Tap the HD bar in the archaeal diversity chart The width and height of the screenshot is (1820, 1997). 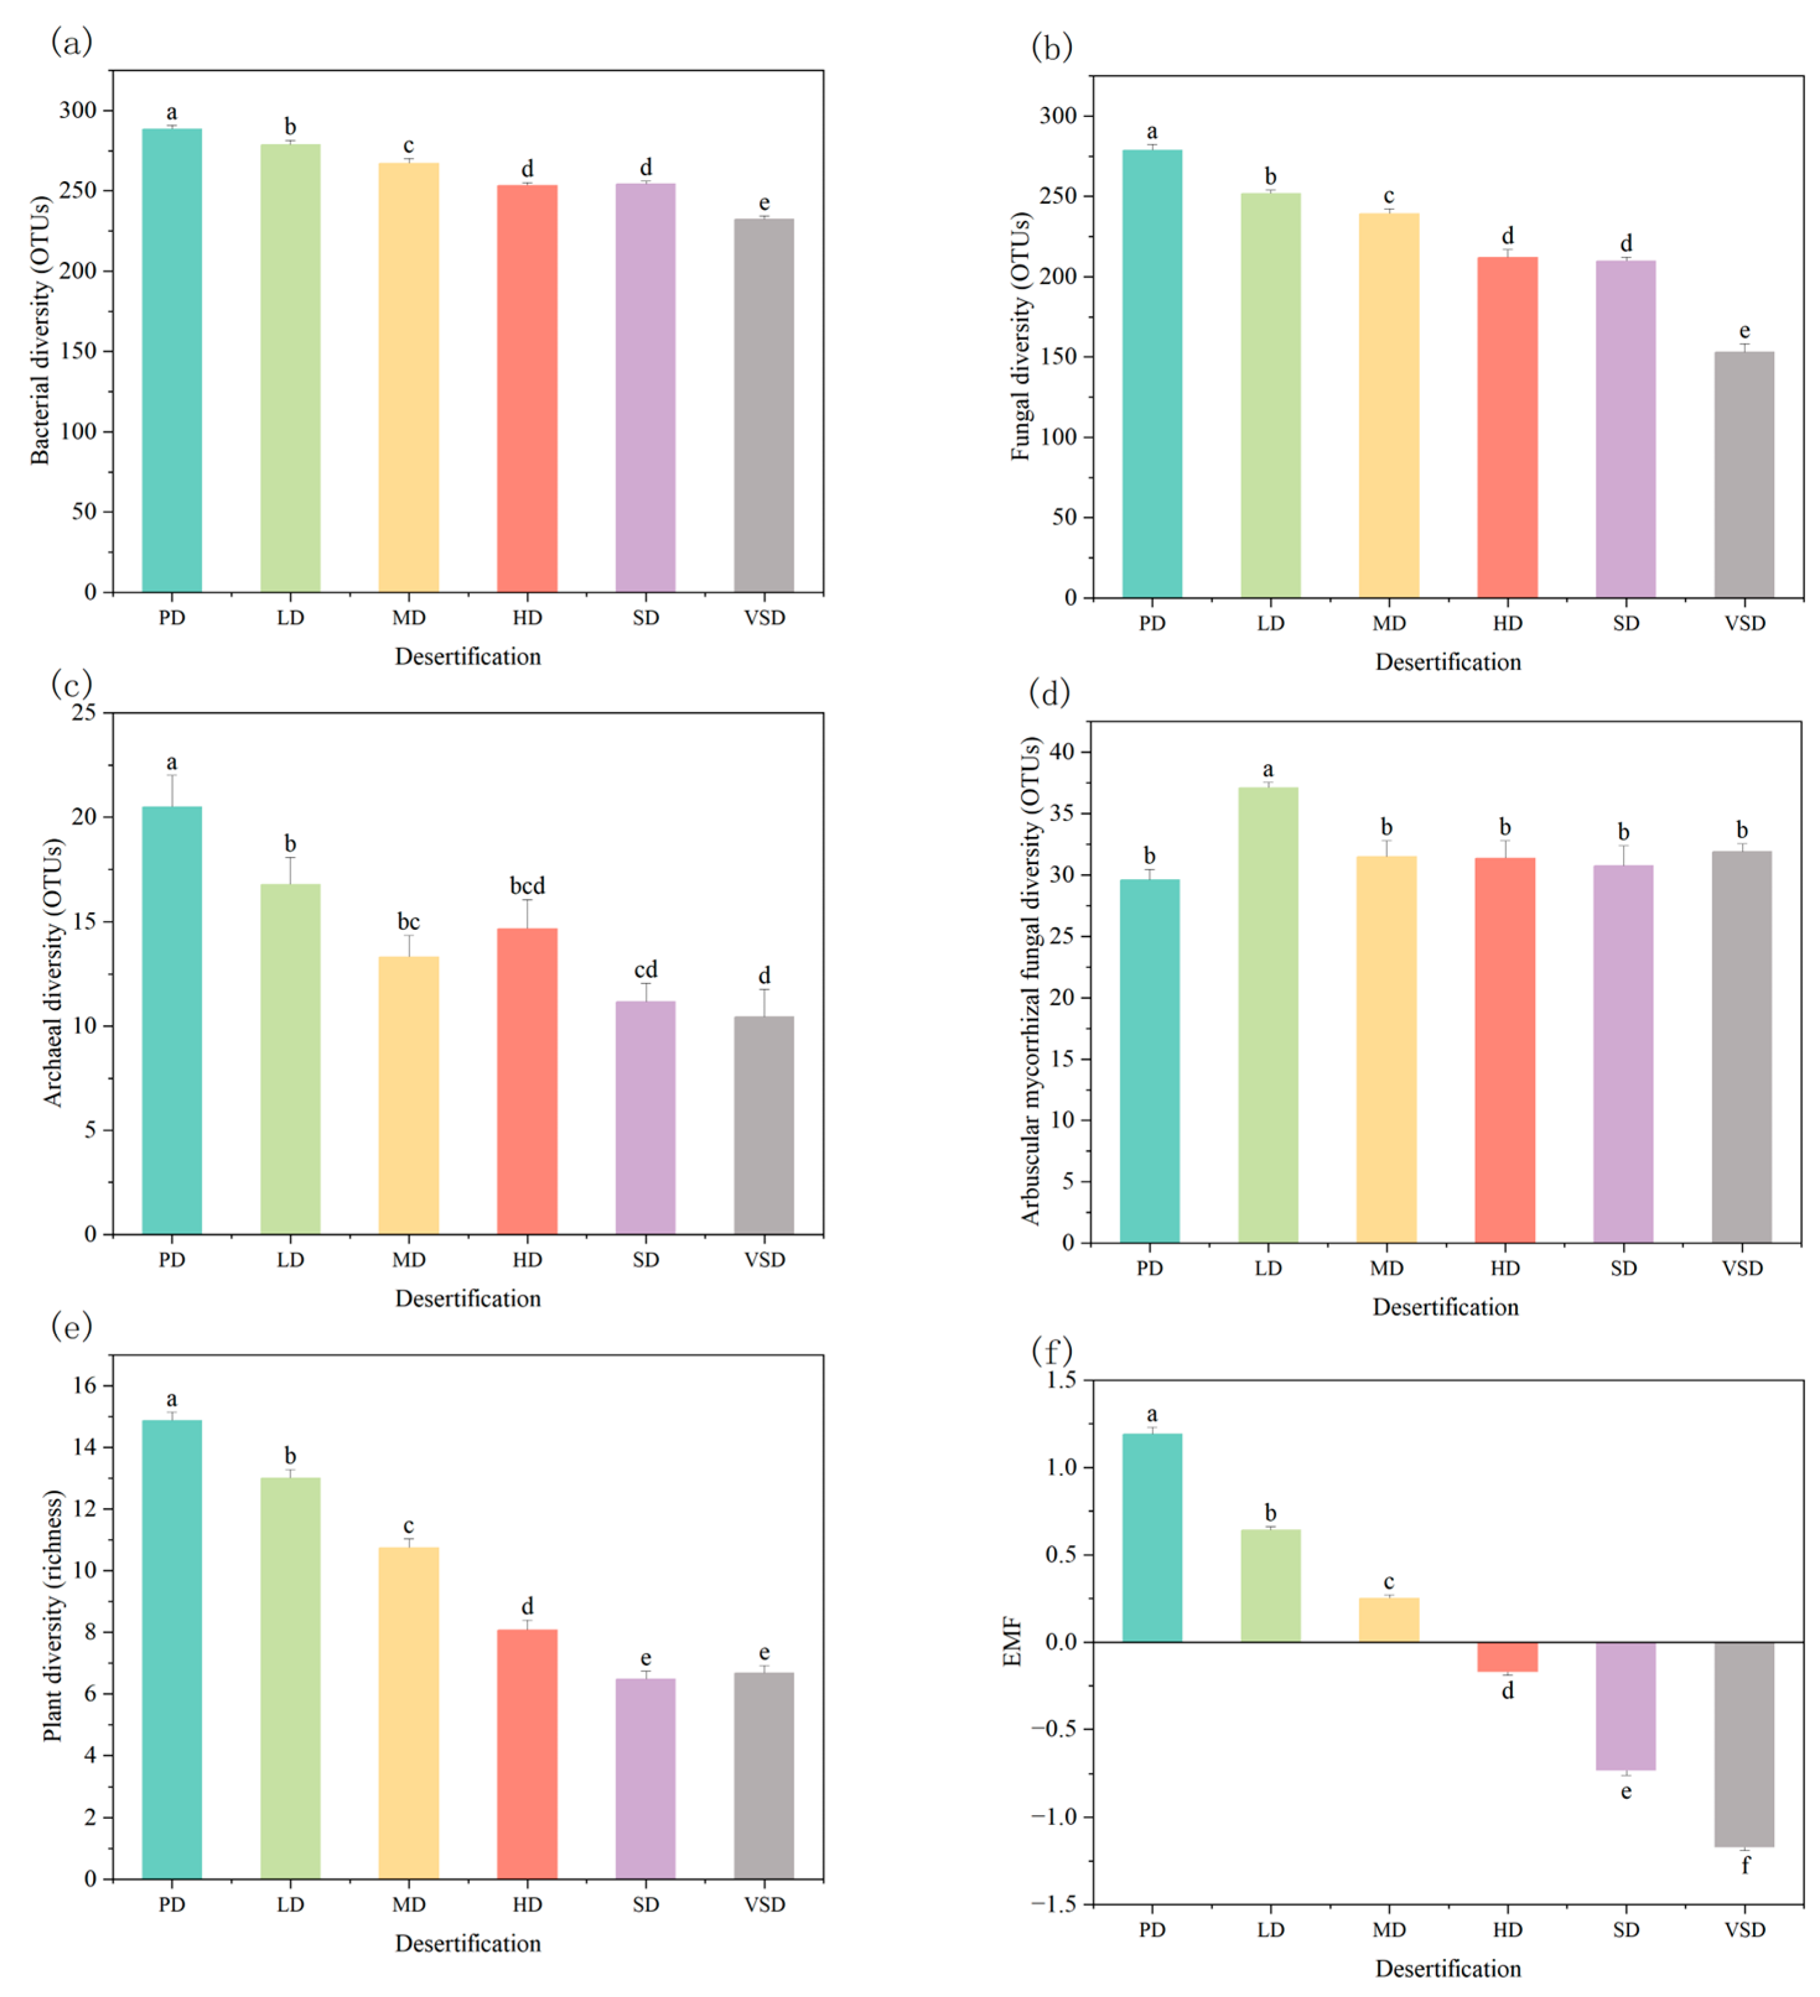(x=526, y=1081)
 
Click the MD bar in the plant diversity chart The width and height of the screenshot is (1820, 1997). (x=408, y=1713)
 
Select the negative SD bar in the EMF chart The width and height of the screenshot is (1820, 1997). (x=1625, y=1706)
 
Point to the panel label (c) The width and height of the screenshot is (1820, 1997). (x=71, y=683)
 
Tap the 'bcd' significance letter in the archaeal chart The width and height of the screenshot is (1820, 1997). (x=527, y=885)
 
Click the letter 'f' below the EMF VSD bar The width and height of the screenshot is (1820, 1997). (x=1744, y=1865)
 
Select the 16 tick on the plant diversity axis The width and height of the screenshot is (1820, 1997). (x=85, y=1386)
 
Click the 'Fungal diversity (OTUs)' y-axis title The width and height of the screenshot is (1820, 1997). (x=1021, y=337)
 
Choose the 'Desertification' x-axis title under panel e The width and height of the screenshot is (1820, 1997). (x=468, y=1944)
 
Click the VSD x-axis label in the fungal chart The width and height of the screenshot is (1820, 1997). (x=1744, y=623)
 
